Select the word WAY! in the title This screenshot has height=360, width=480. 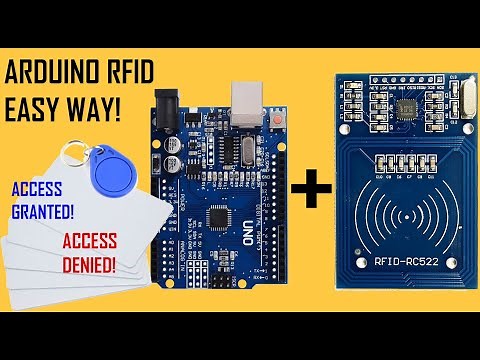coord(95,108)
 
